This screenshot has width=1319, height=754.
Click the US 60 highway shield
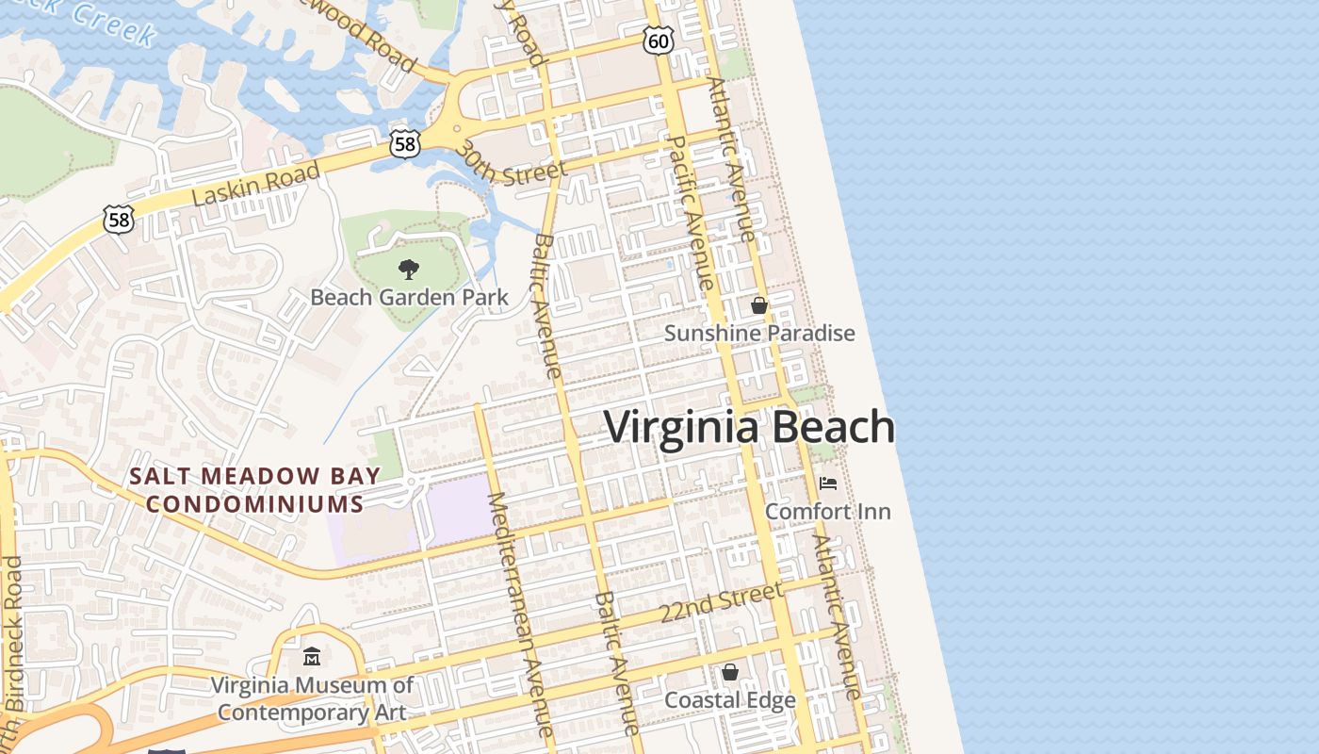point(659,40)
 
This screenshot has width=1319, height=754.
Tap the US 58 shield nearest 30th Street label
point(404,144)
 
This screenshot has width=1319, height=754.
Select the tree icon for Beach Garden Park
point(408,270)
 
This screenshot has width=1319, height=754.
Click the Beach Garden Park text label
point(409,298)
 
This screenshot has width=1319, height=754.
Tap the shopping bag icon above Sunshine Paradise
point(758,305)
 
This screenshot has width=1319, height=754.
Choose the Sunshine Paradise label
point(759,333)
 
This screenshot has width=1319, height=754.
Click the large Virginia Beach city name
point(749,427)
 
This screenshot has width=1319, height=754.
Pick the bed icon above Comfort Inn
point(827,484)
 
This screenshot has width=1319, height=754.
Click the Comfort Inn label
point(827,511)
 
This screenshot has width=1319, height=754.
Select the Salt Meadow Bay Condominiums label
point(255,490)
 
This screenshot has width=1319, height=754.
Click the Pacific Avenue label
point(689,213)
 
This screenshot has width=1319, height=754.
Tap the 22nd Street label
point(721,601)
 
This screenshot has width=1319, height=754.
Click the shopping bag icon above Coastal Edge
point(729,672)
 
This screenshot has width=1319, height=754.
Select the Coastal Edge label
point(730,700)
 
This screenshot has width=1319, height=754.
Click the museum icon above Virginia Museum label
point(312,656)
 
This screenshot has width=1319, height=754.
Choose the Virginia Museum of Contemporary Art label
point(312,697)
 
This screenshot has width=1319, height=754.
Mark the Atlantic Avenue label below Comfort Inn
point(838,617)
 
